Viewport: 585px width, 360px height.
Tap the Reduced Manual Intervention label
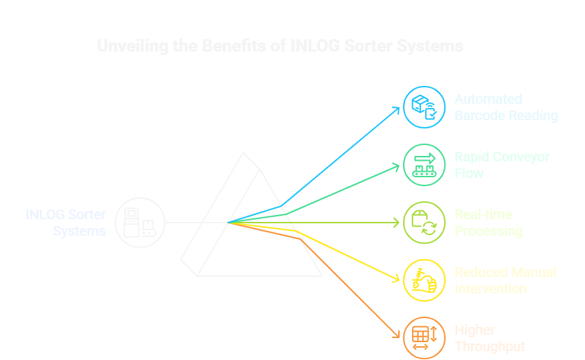click(x=505, y=280)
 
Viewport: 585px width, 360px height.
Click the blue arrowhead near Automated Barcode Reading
click(x=398, y=109)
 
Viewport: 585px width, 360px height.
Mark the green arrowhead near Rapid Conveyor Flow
click(x=397, y=165)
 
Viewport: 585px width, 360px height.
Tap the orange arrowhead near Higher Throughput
click(x=397, y=335)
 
